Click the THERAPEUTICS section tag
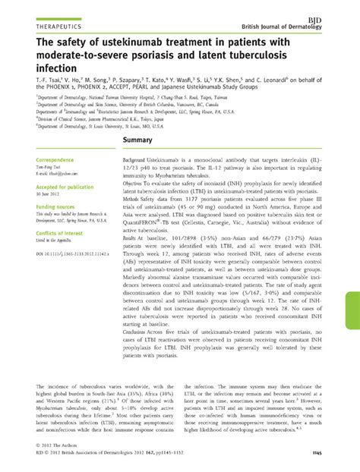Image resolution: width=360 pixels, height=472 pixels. [x=46, y=23]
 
